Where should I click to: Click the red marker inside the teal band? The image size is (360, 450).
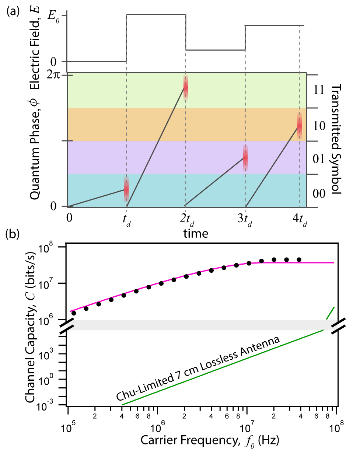pyautogui.click(x=126, y=189)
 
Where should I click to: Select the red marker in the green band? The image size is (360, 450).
pyautogui.click(x=186, y=87)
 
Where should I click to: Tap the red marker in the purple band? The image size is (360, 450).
pyautogui.click(x=245, y=158)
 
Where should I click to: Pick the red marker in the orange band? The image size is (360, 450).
pyautogui.click(x=300, y=126)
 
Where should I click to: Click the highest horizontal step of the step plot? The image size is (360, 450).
pyautogui.click(x=156, y=15)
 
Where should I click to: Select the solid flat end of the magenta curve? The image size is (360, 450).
pyautogui.click(x=298, y=263)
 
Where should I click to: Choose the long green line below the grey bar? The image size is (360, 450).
pyautogui.click(x=221, y=368)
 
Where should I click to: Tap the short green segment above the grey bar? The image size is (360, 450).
pyautogui.click(x=330, y=313)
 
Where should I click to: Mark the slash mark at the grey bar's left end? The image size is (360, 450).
pyautogui.click(x=70, y=325)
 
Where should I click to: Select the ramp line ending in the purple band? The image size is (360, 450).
pyautogui.click(x=214, y=182)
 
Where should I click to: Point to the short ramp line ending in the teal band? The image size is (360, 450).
pyautogui.click(x=97, y=198)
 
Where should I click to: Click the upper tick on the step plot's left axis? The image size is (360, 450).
pyautogui.click(x=64, y=15)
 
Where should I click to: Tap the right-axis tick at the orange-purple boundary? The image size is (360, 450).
pyautogui.click(x=312, y=141)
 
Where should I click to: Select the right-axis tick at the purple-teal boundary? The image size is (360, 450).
pyautogui.click(x=312, y=174)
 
